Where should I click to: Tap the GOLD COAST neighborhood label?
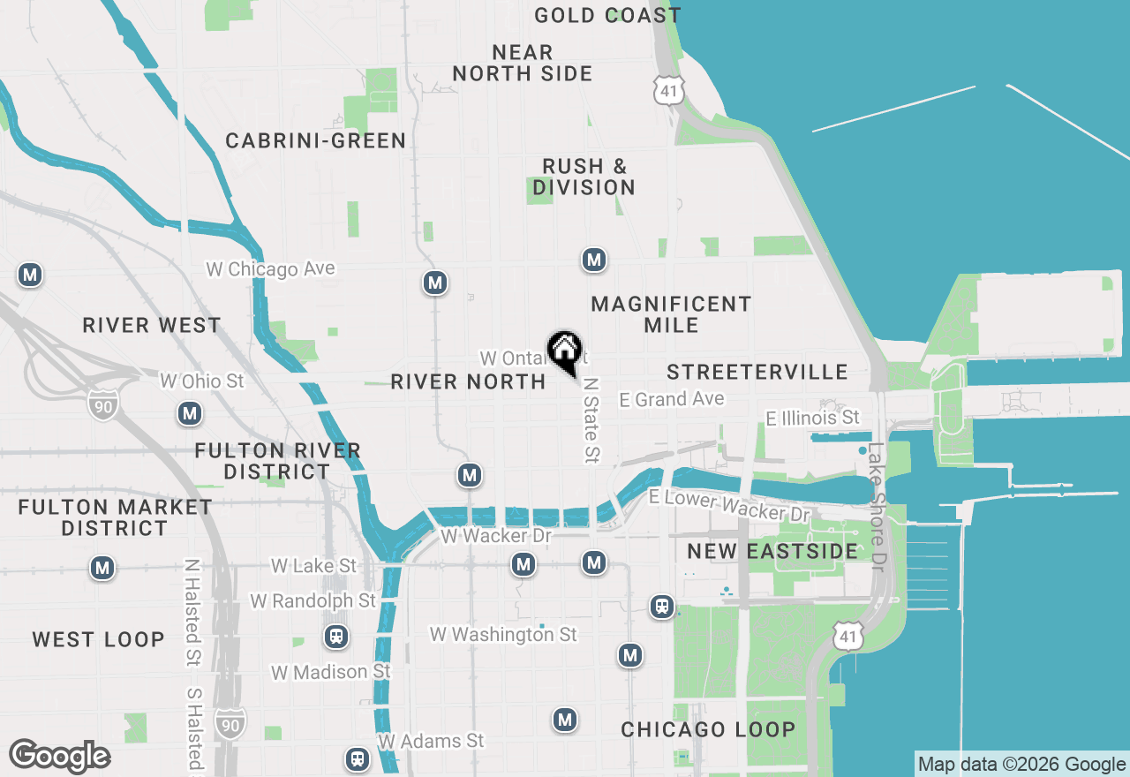click(x=607, y=15)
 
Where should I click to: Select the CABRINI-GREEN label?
click(x=315, y=140)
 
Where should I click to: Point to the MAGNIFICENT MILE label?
click(x=671, y=314)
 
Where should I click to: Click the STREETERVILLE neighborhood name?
click(x=757, y=372)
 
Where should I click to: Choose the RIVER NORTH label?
click(x=468, y=381)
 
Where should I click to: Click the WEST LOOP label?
click(x=98, y=639)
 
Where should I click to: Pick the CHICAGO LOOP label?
click(x=708, y=730)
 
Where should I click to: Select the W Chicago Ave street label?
click(x=271, y=268)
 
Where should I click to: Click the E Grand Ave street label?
click(x=672, y=400)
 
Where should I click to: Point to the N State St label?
click(x=591, y=420)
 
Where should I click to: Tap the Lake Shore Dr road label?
click(x=876, y=506)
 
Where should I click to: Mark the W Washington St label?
click(x=503, y=634)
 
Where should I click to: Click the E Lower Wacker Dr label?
click(x=729, y=504)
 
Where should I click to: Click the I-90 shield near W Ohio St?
click(x=102, y=404)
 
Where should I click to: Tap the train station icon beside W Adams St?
click(x=357, y=758)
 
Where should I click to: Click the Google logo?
click(x=59, y=757)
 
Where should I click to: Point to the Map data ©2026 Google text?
click(x=1021, y=765)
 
